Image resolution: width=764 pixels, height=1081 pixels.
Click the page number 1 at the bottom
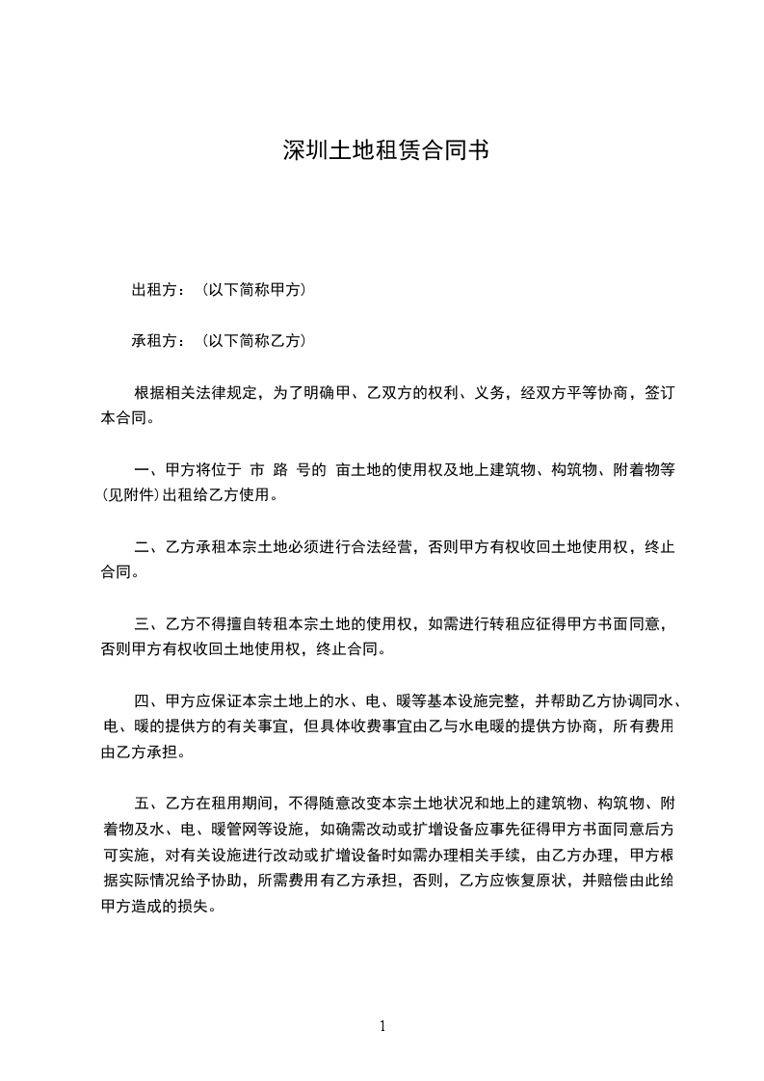pyautogui.click(x=382, y=1025)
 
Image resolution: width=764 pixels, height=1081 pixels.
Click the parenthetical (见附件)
pyautogui.click(x=132, y=496)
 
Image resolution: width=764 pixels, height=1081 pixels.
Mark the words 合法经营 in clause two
pyautogui.click(x=382, y=547)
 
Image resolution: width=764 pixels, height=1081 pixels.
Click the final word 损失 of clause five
pyautogui.click(x=196, y=906)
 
